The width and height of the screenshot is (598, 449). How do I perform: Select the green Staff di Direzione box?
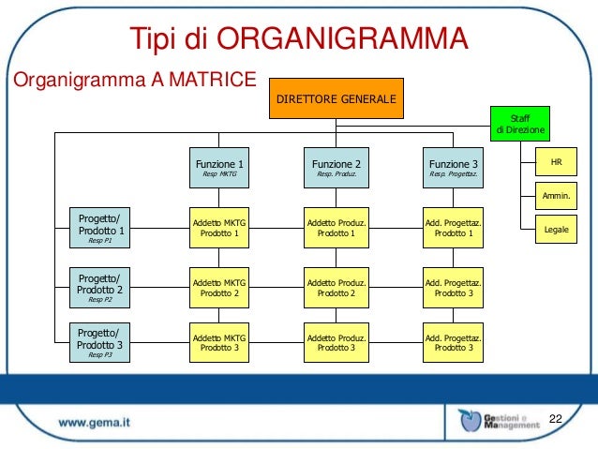click(518, 122)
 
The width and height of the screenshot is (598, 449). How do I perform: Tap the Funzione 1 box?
click(219, 167)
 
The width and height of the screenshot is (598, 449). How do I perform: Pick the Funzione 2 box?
click(336, 167)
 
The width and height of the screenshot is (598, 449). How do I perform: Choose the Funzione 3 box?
click(453, 167)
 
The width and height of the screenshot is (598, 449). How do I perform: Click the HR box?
click(556, 163)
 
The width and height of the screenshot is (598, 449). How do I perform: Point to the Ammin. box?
click(556, 196)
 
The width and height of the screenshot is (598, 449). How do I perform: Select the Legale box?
click(556, 229)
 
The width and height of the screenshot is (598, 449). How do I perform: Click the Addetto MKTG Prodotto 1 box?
click(219, 228)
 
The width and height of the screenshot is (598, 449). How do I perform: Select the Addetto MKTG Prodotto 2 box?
click(219, 287)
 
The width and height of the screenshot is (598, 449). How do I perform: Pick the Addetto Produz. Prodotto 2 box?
click(336, 287)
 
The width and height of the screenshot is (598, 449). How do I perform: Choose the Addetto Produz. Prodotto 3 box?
click(336, 342)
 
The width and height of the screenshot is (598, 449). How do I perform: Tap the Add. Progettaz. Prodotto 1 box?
click(453, 228)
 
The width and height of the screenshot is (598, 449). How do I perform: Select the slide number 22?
click(555, 416)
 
